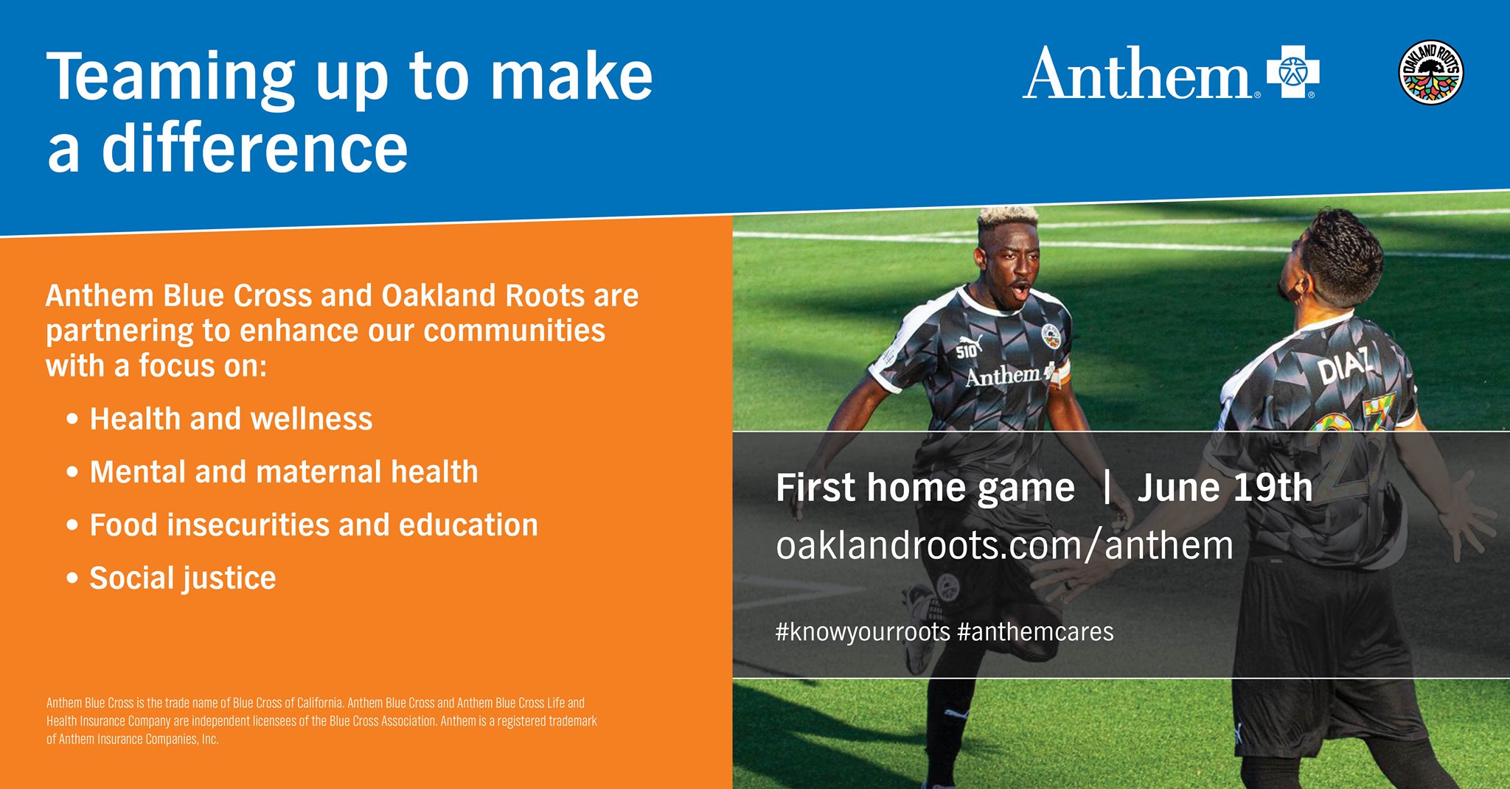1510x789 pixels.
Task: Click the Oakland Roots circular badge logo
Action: (x=1430, y=72)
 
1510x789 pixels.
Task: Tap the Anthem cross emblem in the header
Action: (x=1292, y=72)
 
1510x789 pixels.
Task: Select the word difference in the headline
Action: (x=254, y=147)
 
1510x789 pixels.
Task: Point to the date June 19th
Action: (x=1225, y=488)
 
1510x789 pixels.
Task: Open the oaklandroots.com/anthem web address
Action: (x=1004, y=546)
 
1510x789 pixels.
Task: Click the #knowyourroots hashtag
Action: (x=863, y=632)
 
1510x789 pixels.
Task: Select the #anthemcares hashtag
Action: (x=1035, y=632)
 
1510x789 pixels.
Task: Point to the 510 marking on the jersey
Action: (x=967, y=349)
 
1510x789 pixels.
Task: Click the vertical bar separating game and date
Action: (x=1107, y=488)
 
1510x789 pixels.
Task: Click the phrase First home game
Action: (x=925, y=488)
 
